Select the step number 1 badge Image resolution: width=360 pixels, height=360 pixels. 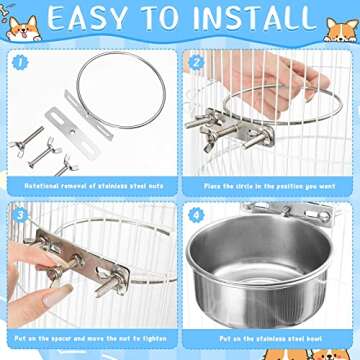click(x=19, y=60)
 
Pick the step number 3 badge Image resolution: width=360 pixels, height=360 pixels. click(x=19, y=214)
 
